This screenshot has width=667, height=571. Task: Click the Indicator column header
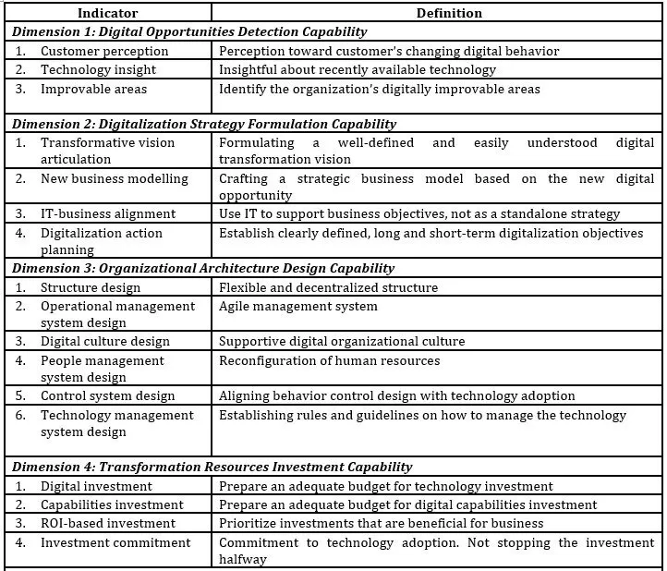(x=109, y=14)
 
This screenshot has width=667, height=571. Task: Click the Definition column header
(x=437, y=14)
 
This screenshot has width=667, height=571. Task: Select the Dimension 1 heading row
(x=190, y=32)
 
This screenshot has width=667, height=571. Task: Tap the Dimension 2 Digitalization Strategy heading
(x=204, y=124)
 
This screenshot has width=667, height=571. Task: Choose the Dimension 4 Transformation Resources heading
(x=212, y=467)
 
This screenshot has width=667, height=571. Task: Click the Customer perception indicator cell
(x=104, y=51)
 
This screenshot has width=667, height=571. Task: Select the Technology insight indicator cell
(x=98, y=69)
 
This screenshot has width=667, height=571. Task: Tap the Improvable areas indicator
(x=93, y=89)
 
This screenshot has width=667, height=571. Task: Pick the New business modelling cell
(x=114, y=178)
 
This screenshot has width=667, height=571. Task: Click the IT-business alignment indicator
(x=107, y=213)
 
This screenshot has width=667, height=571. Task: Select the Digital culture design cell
(x=104, y=341)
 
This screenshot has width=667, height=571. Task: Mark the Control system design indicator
(x=107, y=395)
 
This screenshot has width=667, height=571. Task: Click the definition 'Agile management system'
(x=298, y=306)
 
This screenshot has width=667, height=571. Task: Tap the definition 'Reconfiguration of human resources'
(x=329, y=360)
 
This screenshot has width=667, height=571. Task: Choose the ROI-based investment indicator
(x=107, y=523)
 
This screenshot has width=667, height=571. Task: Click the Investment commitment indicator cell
(x=115, y=542)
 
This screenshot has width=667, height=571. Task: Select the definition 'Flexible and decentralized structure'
(x=328, y=287)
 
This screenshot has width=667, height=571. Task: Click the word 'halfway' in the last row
(x=245, y=559)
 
